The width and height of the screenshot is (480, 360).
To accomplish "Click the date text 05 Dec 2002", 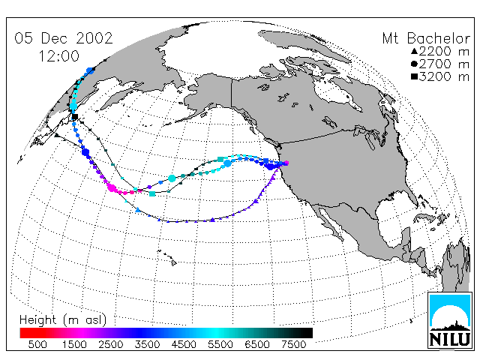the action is (x=64, y=38).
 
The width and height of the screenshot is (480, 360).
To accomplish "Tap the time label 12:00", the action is (x=58, y=56).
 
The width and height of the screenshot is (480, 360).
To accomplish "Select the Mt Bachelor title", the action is (x=426, y=38).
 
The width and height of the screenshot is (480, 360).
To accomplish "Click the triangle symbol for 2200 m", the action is (x=414, y=51).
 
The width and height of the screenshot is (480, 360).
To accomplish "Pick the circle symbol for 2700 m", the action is (x=414, y=64).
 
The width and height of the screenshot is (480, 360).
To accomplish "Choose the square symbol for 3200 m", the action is (x=414, y=76).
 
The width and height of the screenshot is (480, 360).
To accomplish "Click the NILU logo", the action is (x=450, y=320).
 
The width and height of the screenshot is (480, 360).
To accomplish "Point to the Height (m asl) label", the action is (x=63, y=320).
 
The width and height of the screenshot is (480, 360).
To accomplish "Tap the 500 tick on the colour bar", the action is (x=37, y=345).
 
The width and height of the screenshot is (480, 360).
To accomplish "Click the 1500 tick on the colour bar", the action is (x=74, y=345).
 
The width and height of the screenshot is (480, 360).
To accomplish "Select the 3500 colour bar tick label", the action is (x=147, y=345).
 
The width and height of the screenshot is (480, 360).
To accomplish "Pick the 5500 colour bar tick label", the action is (x=220, y=345).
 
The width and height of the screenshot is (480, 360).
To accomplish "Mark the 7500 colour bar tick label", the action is (x=293, y=345).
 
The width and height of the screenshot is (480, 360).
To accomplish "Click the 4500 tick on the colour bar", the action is (x=184, y=345).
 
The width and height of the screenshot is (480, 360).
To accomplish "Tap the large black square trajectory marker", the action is (x=75, y=117).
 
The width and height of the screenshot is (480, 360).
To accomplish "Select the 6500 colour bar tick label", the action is (x=257, y=345).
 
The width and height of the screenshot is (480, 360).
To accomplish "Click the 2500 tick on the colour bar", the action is (x=111, y=345).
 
